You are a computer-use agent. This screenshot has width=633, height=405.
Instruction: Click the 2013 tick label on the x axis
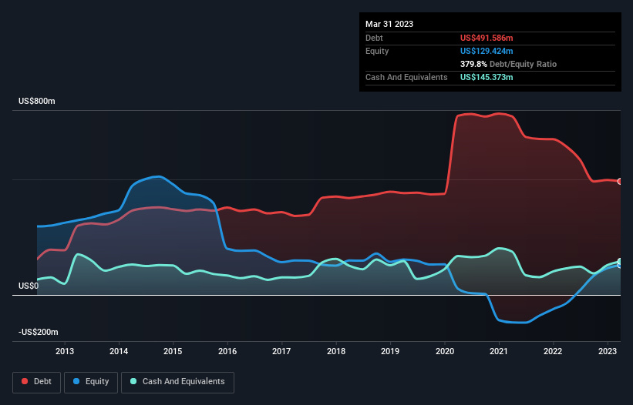click(x=65, y=352)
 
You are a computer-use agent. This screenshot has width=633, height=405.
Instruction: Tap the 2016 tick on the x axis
click(x=227, y=352)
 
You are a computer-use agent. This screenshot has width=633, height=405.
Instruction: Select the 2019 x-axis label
click(x=390, y=352)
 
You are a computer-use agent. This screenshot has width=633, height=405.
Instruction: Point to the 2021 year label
click(x=499, y=352)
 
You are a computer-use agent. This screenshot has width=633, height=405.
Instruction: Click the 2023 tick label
click(x=607, y=352)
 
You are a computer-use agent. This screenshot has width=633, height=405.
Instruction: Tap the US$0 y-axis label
click(x=29, y=286)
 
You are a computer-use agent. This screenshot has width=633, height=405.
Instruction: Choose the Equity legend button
click(x=92, y=382)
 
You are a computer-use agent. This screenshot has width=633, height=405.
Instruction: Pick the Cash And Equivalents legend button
click(x=177, y=382)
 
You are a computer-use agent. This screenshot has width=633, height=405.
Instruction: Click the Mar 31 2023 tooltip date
click(x=389, y=24)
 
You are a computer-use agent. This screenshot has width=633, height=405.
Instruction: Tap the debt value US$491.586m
click(x=487, y=38)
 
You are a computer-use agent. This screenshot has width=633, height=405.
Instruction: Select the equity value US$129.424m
click(x=487, y=51)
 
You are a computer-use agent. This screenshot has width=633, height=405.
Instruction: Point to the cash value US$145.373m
click(x=487, y=78)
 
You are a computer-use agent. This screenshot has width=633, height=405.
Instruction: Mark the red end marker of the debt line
click(x=619, y=182)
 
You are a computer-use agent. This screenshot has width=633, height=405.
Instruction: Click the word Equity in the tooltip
click(x=377, y=51)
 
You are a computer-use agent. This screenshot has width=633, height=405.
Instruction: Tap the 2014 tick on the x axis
click(x=119, y=352)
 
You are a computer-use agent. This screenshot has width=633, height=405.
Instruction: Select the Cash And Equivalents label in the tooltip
click(x=406, y=78)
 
